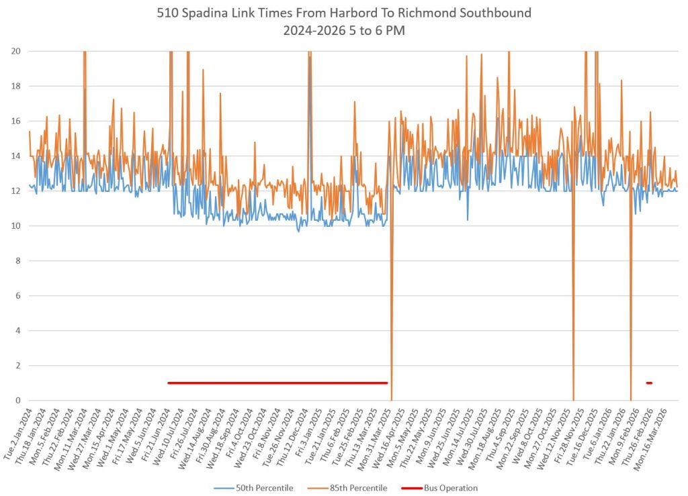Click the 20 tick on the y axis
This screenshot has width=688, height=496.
15,51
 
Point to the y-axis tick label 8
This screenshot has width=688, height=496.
17,260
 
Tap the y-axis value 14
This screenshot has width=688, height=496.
15,156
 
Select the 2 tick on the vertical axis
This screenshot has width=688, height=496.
17,365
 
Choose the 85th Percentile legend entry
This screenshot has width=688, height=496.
356,488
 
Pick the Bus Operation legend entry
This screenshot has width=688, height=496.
450,488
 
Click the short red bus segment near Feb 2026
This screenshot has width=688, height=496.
649,383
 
